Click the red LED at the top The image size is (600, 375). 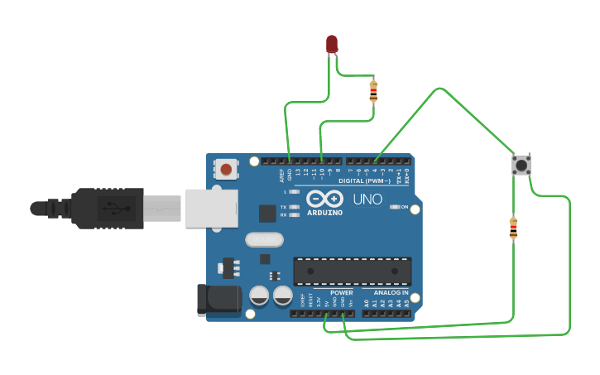tap(332, 43)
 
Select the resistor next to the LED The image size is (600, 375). tap(373, 90)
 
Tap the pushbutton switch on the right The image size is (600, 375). tap(521, 165)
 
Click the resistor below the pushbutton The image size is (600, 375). tap(513, 228)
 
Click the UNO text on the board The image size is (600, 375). tap(367, 200)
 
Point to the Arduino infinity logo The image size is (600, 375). tap(325, 199)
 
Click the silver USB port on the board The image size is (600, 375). tap(211, 208)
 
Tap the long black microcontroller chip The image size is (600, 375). tap(353, 271)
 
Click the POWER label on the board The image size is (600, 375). tap(341, 292)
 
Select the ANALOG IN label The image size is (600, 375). tap(391, 292)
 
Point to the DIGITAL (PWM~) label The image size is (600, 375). tap(365, 180)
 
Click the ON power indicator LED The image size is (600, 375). tap(395, 207)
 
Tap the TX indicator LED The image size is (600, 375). tap(294, 206)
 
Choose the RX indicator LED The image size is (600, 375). tap(294, 214)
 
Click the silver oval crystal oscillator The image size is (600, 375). tap(264, 239)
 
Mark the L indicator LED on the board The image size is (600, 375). tap(294, 191)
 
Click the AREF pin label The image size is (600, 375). tap(281, 175)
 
